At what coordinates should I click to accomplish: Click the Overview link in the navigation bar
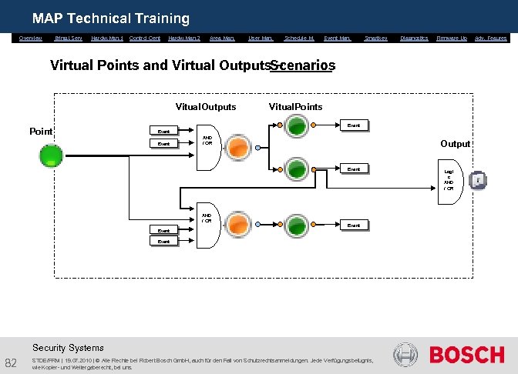coord(31,38)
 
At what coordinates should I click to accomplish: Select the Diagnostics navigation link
coord(414,38)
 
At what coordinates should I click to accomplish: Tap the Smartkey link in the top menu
coord(376,38)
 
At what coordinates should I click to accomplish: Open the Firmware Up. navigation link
coord(452,38)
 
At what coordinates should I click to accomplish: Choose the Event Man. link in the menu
coord(338,38)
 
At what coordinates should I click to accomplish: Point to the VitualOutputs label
coord(206,106)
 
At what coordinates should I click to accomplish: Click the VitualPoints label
coord(295,106)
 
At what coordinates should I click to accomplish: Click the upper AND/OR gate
coord(207,141)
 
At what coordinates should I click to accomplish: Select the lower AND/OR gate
coord(207,219)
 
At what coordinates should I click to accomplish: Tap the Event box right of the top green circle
coord(353,125)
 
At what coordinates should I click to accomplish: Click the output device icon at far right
coord(478,180)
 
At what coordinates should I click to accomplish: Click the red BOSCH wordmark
coord(466,355)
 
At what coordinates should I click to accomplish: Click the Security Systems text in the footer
coord(68,348)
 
